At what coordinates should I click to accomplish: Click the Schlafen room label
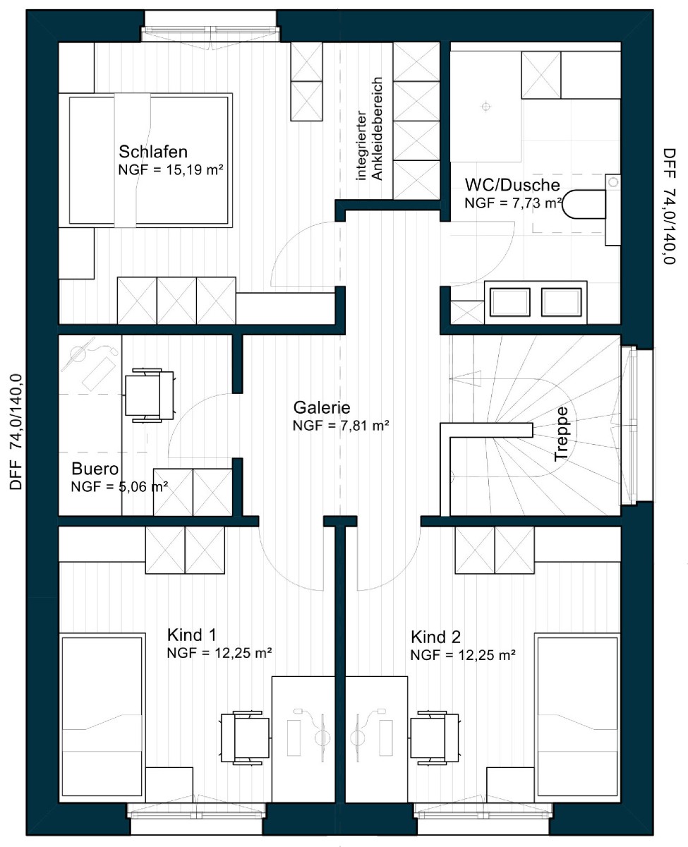click(x=153, y=152)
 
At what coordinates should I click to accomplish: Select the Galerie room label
click(x=322, y=407)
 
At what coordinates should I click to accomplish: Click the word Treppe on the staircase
click(x=561, y=434)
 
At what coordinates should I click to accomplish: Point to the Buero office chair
click(x=150, y=395)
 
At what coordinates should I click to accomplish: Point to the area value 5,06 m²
click(x=141, y=487)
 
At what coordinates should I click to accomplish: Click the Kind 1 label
click(x=191, y=635)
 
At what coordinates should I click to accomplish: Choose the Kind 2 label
click(x=435, y=637)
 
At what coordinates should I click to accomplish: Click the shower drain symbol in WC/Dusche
click(x=485, y=107)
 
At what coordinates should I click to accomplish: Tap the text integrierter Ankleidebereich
click(x=369, y=129)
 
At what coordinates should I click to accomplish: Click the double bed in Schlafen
click(x=145, y=160)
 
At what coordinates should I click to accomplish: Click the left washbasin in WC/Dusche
click(x=510, y=302)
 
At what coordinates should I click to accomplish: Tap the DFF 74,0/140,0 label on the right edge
click(x=670, y=206)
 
